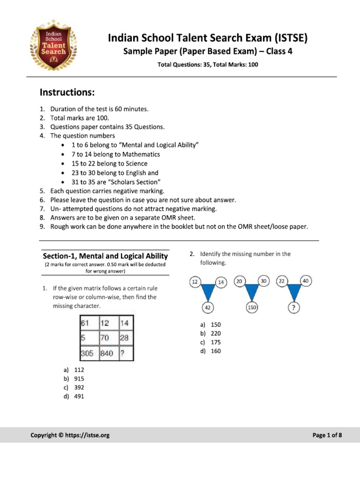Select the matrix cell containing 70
tap(105, 337)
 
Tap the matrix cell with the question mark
tap(125, 354)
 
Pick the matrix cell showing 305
tap(87, 354)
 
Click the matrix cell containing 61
tap(87, 323)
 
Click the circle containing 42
tap(208, 307)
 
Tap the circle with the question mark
tap(293, 307)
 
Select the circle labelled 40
tap(306, 281)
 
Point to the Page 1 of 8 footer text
tap(327, 435)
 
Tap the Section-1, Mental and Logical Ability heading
tap(105, 256)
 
